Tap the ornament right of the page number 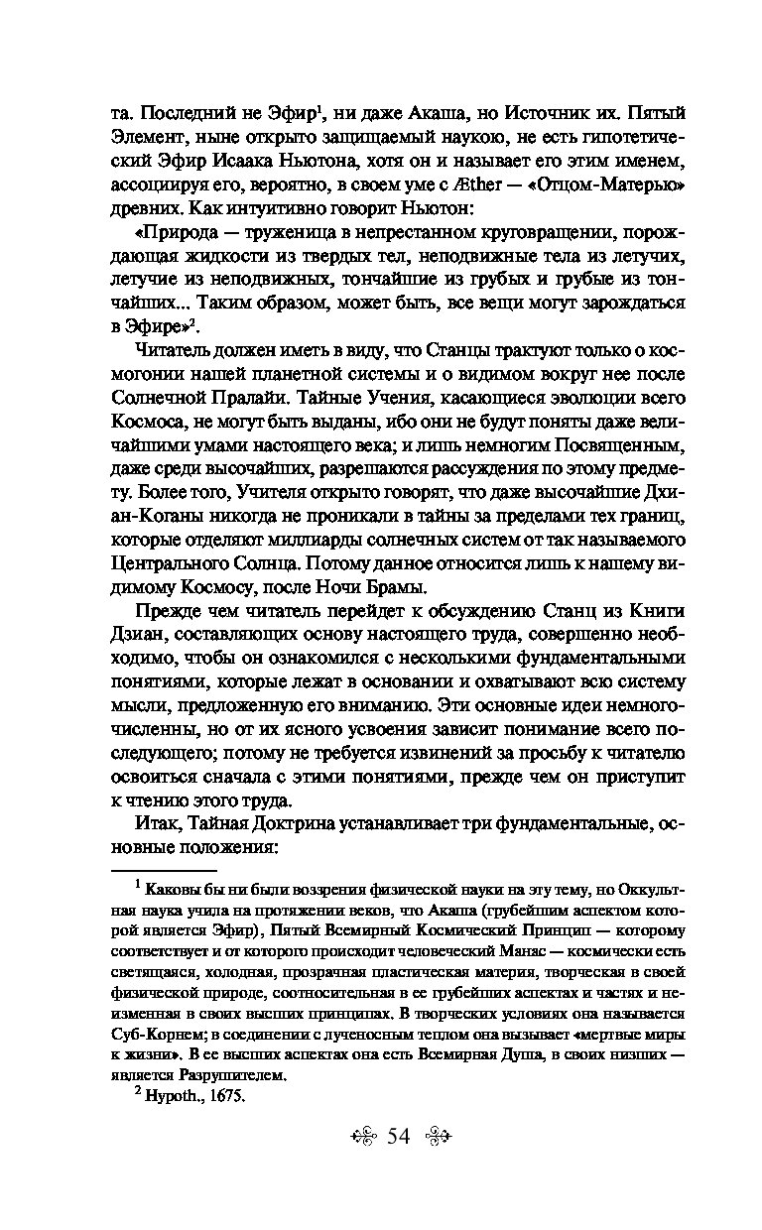tap(438, 1137)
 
